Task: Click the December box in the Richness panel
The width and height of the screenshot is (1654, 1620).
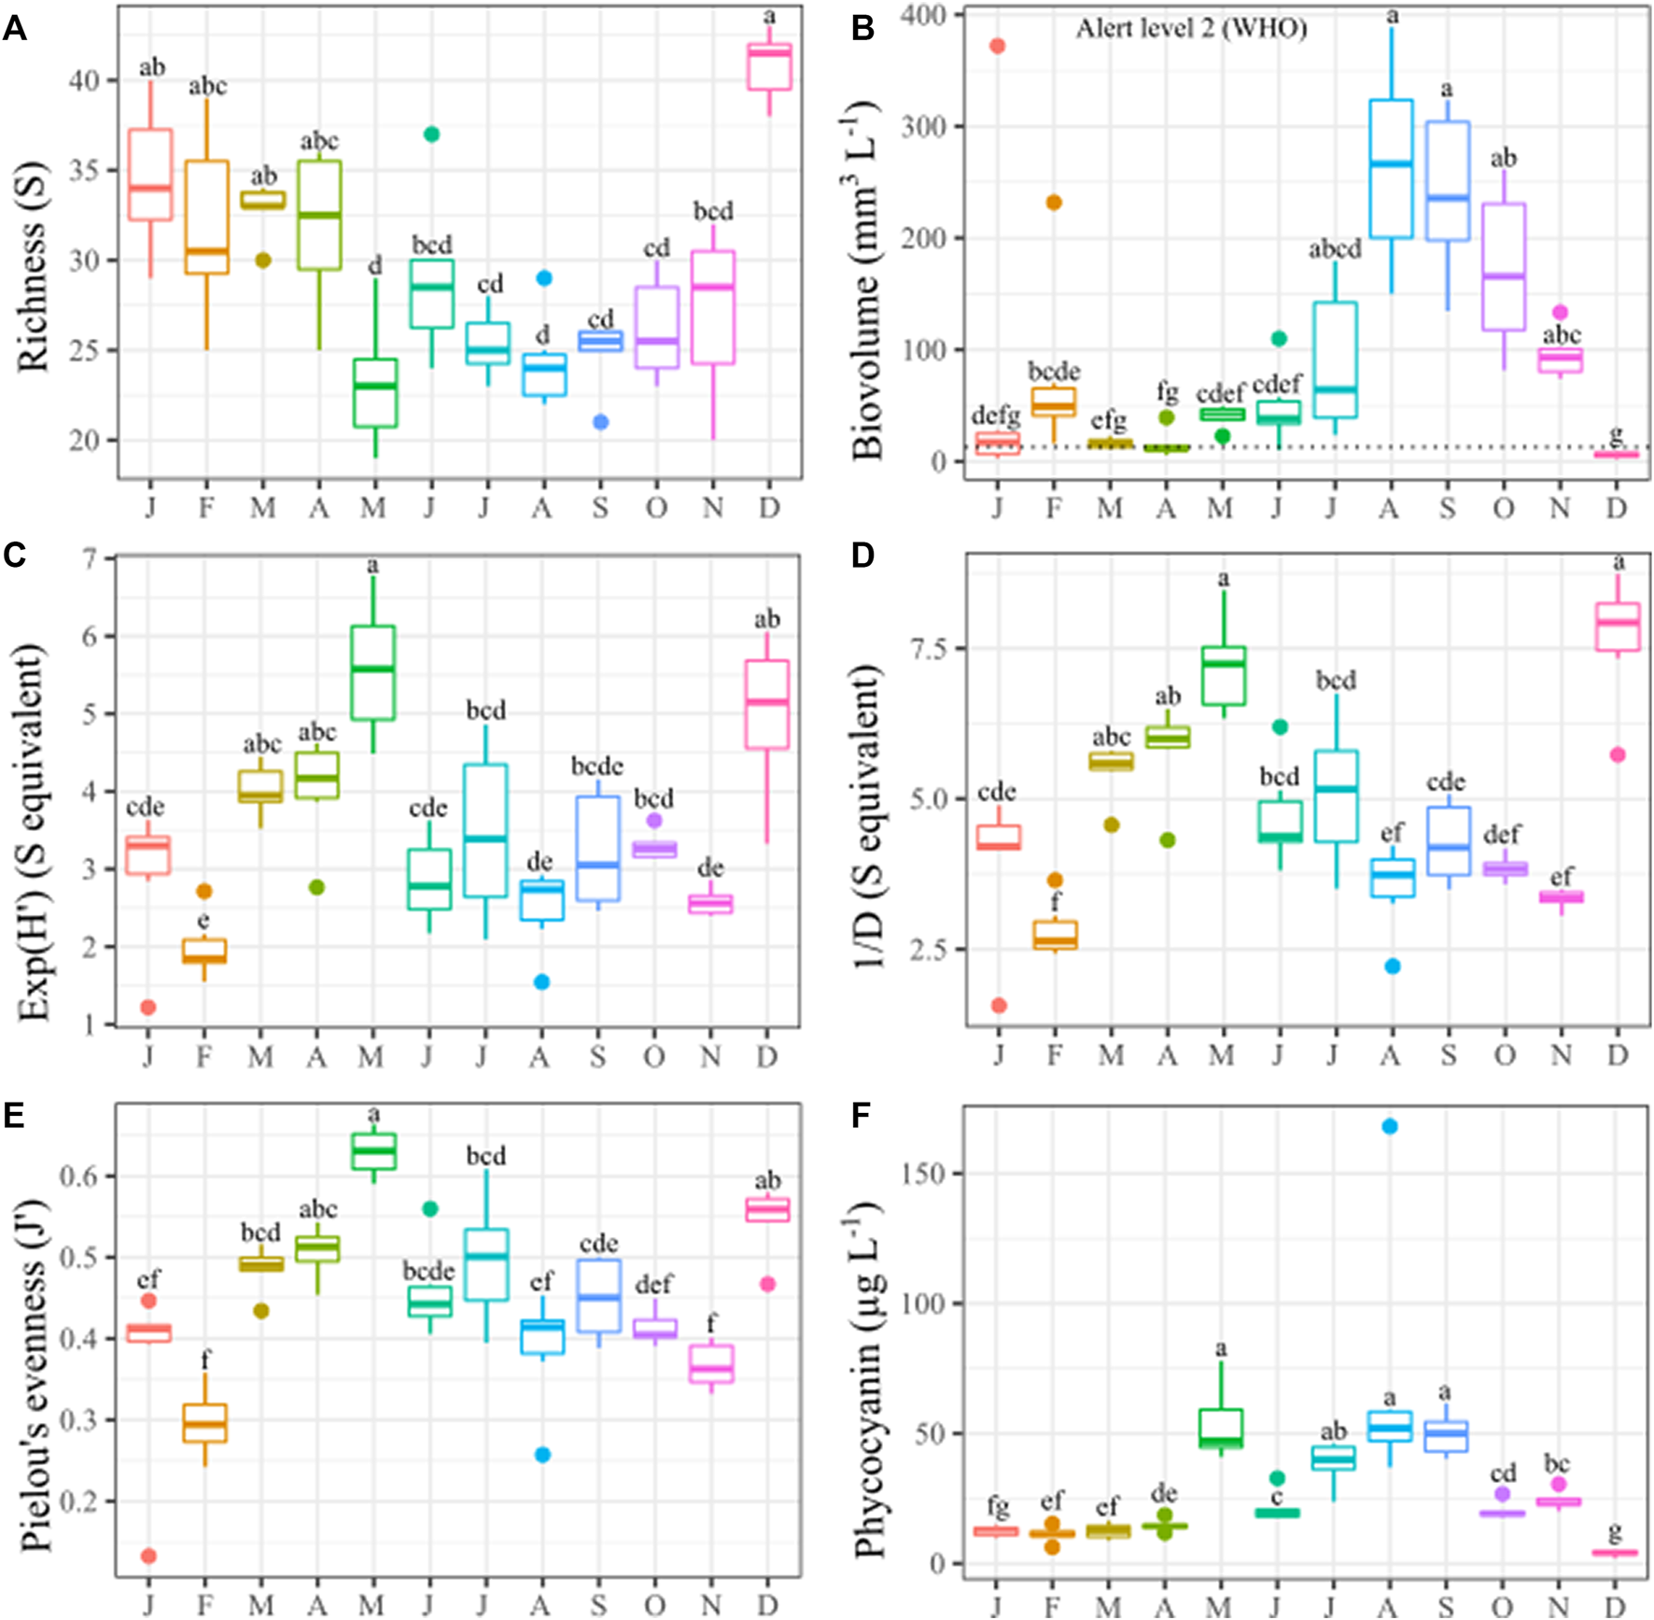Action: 769,66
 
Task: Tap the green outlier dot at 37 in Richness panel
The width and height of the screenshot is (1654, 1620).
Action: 430,134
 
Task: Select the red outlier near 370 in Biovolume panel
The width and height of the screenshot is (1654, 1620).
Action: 997,46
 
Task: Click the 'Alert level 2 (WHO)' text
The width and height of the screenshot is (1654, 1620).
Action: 1191,29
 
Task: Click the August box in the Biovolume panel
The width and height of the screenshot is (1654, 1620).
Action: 1391,169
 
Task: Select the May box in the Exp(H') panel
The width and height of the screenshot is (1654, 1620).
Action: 372,672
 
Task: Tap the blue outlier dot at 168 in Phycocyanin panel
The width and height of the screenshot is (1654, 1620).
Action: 1390,1126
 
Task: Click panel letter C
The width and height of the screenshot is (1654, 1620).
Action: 14,556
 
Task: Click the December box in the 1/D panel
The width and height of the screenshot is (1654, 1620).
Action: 1618,627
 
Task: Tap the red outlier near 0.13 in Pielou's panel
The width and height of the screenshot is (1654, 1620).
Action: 148,1556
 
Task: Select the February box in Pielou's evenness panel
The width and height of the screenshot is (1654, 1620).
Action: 204,1423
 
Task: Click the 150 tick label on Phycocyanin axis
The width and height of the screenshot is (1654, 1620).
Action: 924,1174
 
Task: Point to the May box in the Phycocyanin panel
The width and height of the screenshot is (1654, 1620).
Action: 1221,1429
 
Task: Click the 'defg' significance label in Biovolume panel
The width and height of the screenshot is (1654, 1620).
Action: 996,416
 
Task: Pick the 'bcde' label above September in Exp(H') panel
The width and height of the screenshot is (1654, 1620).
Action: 597,767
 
